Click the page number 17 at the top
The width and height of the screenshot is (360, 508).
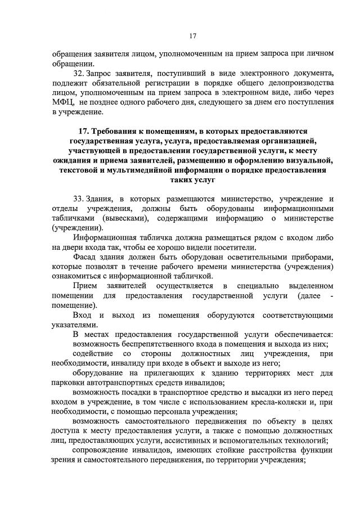[x=192, y=37]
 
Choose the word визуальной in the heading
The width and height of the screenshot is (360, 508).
[x=305, y=160]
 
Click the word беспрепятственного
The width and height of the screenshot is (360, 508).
[x=148, y=344]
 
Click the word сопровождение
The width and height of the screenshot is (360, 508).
[x=102, y=451]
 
